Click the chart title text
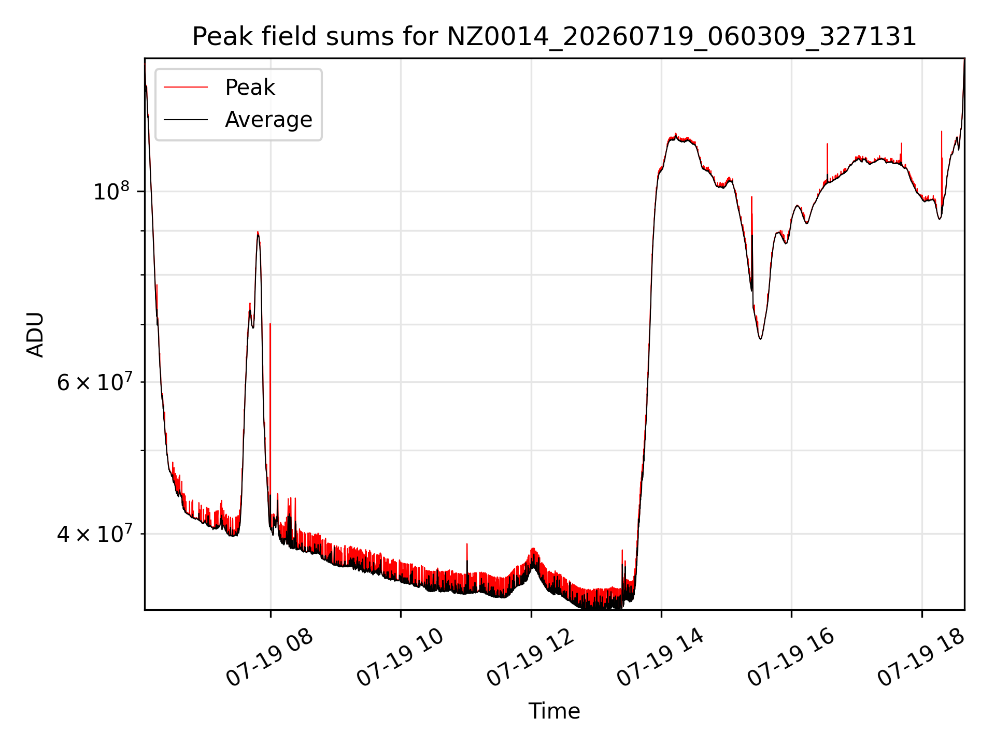(554, 37)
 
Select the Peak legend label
(250, 88)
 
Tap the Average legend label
(268, 120)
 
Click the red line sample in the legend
(186, 88)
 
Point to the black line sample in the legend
(186, 120)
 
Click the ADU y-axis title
(35, 334)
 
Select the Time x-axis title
(554, 711)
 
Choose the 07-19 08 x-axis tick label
(270, 658)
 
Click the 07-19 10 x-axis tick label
(400, 658)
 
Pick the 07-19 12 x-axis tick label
(531, 658)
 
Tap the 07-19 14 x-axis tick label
(661, 658)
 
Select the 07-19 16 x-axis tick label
(791, 658)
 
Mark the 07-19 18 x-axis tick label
(921, 658)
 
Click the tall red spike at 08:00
(270, 425)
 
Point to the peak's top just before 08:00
(258, 232)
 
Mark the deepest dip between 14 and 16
(760, 338)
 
